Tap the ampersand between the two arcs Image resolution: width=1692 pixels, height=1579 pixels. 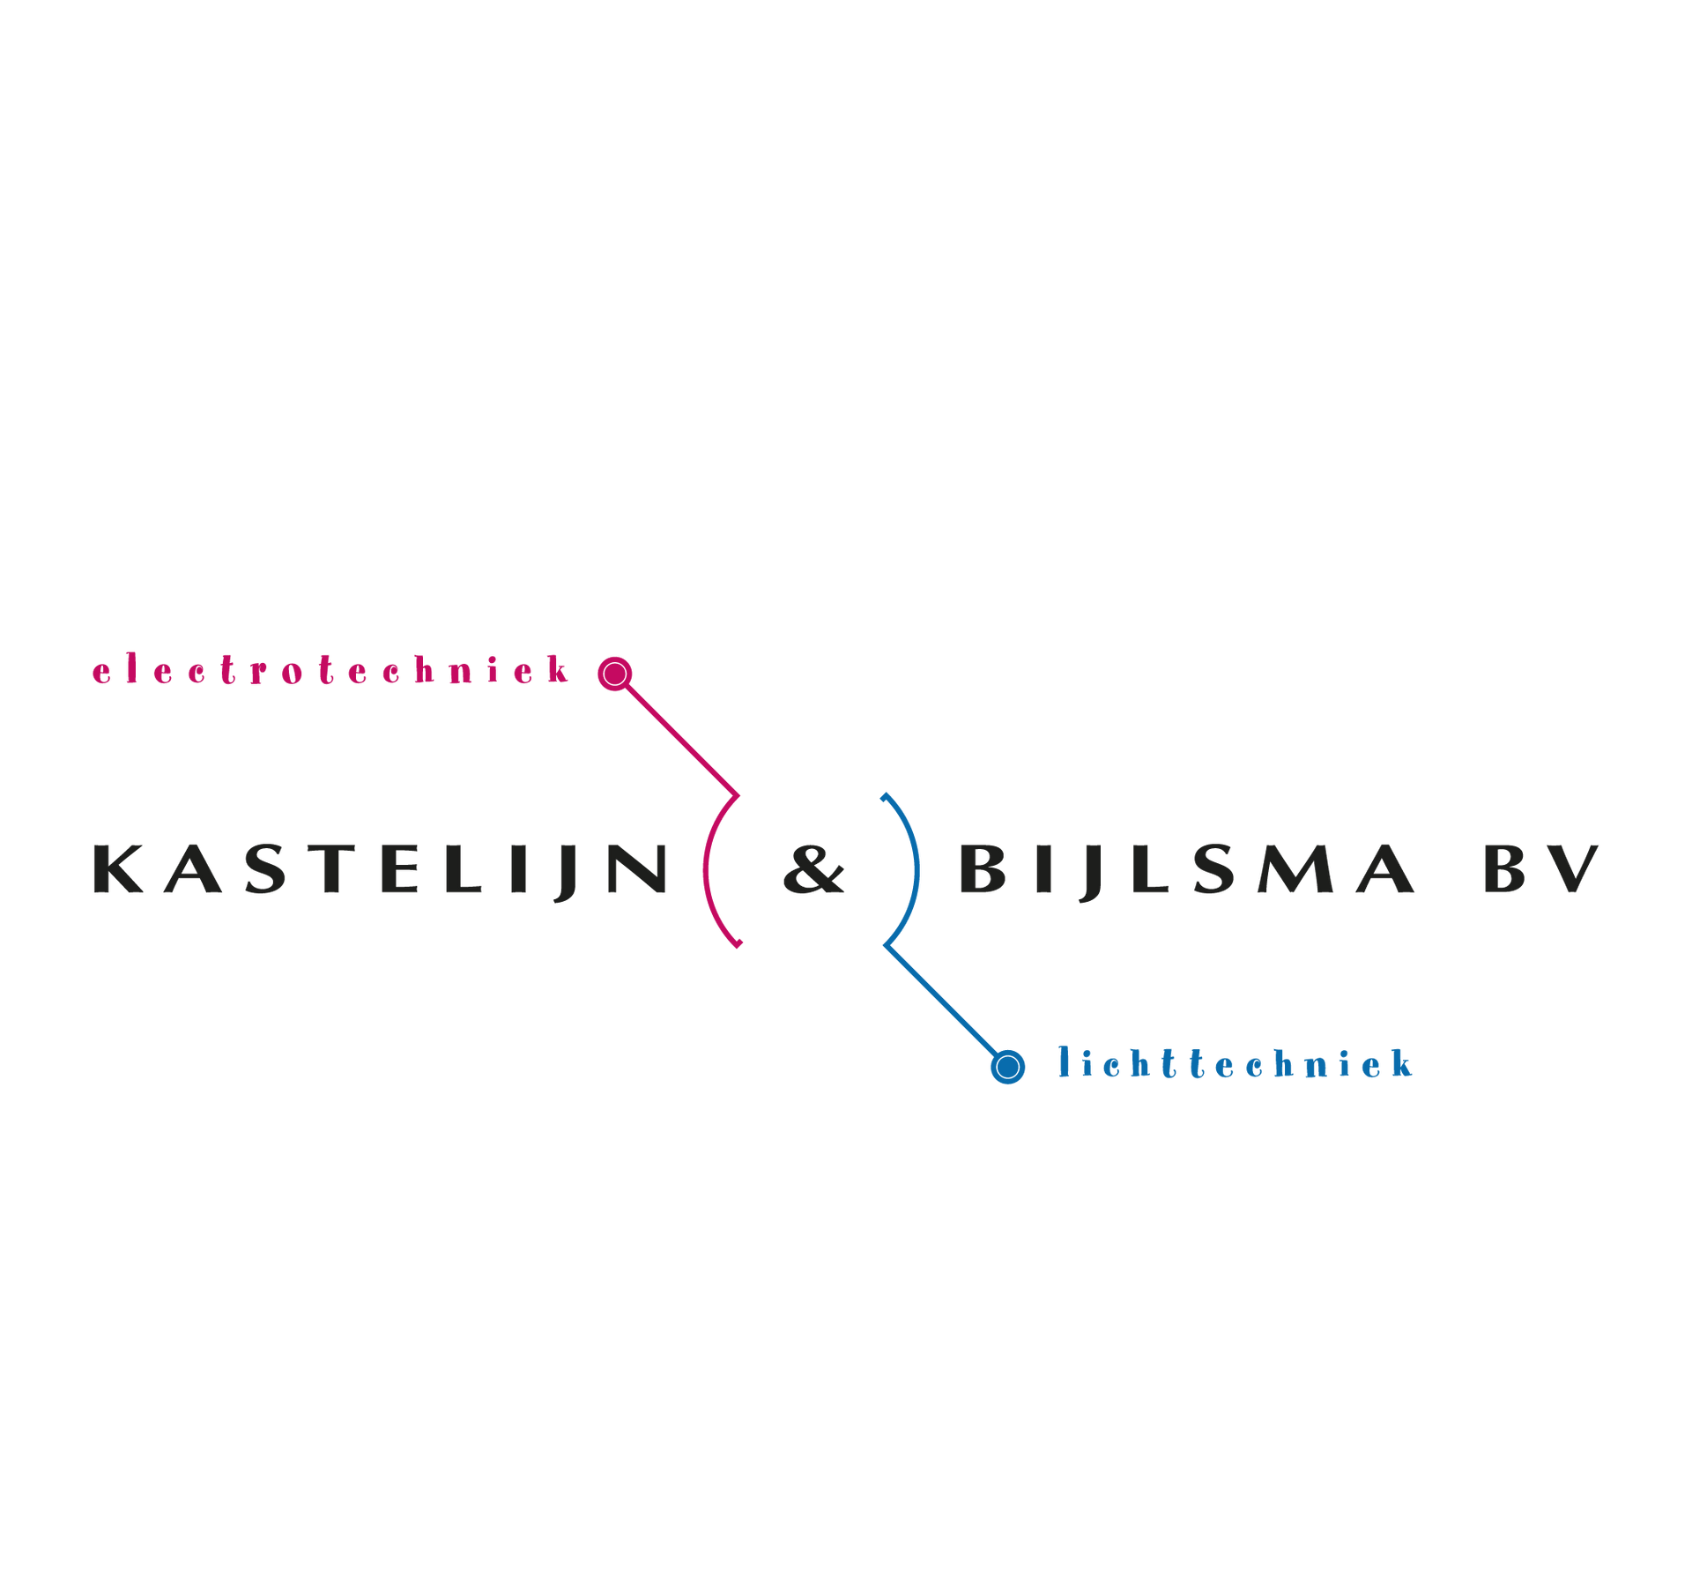[x=814, y=869]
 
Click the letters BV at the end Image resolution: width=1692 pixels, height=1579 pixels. [x=1542, y=868]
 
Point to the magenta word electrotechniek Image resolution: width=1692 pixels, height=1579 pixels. [x=330, y=670]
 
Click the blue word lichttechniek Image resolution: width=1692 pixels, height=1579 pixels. [x=1236, y=1064]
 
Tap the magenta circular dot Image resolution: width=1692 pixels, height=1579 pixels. [x=615, y=674]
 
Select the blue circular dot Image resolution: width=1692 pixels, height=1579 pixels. [x=1008, y=1068]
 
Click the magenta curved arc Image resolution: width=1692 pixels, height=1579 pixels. [x=706, y=870]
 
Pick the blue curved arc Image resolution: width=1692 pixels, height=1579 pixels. [x=917, y=870]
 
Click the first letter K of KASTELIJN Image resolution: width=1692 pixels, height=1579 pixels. [x=118, y=868]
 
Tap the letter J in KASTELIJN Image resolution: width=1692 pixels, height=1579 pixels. [x=566, y=873]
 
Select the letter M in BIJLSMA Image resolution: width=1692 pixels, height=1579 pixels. [x=1294, y=868]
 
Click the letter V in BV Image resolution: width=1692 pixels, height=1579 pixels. [x=1572, y=868]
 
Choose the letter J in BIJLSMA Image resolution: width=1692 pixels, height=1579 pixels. [x=1091, y=873]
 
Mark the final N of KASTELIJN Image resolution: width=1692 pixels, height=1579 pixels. [x=637, y=868]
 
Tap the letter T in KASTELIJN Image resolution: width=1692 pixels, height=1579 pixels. [x=331, y=868]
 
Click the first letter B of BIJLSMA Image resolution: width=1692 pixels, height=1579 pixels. [x=982, y=868]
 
